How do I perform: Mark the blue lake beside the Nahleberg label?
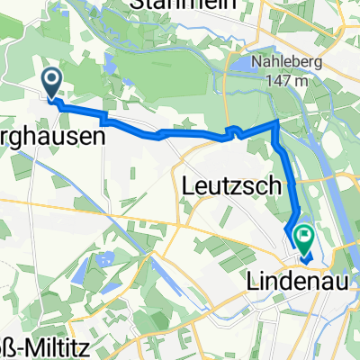click(243, 63)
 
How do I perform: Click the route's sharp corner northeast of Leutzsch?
click(275, 121)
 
